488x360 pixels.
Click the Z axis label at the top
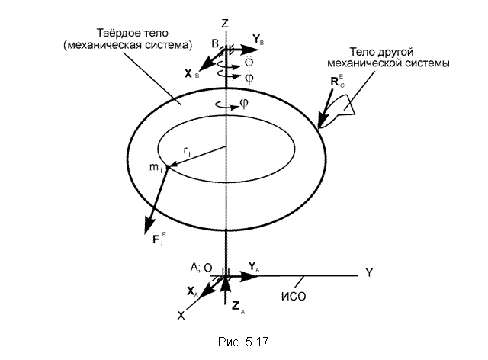click(224, 24)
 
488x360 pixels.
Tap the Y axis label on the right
click(369, 272)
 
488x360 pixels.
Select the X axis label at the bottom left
click(181, 316)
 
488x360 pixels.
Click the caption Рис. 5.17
click(243, 342)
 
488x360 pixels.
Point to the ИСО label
click(294, 296)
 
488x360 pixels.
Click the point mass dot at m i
click(168, 168)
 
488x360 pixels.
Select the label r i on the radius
click(187, 152)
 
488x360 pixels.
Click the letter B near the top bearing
click(215, 43)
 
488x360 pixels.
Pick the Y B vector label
click(258, 40)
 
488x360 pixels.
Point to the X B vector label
click(191, 74)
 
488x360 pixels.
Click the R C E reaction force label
click(337, 81)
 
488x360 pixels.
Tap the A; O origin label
click(201, 268)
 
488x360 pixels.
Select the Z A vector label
click(238, 307)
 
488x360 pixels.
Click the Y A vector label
click(253, 267)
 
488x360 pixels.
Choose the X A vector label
click(192, 292)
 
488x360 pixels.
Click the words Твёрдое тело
click(133, 33)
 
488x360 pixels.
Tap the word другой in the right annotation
click(395, 52)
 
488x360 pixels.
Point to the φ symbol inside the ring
click(244, 104)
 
